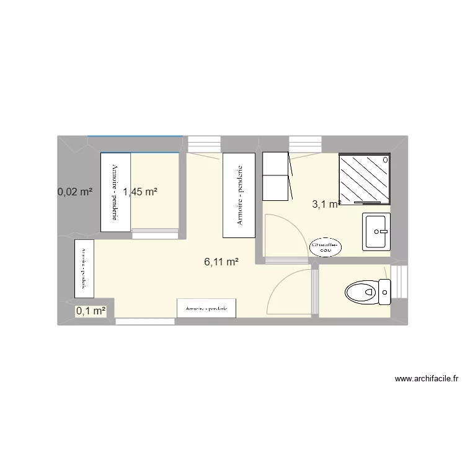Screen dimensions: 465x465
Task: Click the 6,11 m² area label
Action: (221, 262)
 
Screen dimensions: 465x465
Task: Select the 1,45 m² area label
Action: (140, 192)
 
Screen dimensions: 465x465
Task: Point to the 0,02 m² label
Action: (75, 192)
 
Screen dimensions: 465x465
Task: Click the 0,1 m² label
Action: (91, 311)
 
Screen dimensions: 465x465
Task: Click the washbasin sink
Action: (376, 231)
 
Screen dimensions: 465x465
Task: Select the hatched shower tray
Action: (365, 179)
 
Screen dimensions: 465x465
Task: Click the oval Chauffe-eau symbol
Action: (326, 246)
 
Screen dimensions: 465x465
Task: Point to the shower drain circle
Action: (387, 160)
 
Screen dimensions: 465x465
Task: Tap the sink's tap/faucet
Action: (385, 231)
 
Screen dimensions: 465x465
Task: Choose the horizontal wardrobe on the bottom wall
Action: (206, 308)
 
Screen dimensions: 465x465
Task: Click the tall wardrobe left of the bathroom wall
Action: (239, 195)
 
